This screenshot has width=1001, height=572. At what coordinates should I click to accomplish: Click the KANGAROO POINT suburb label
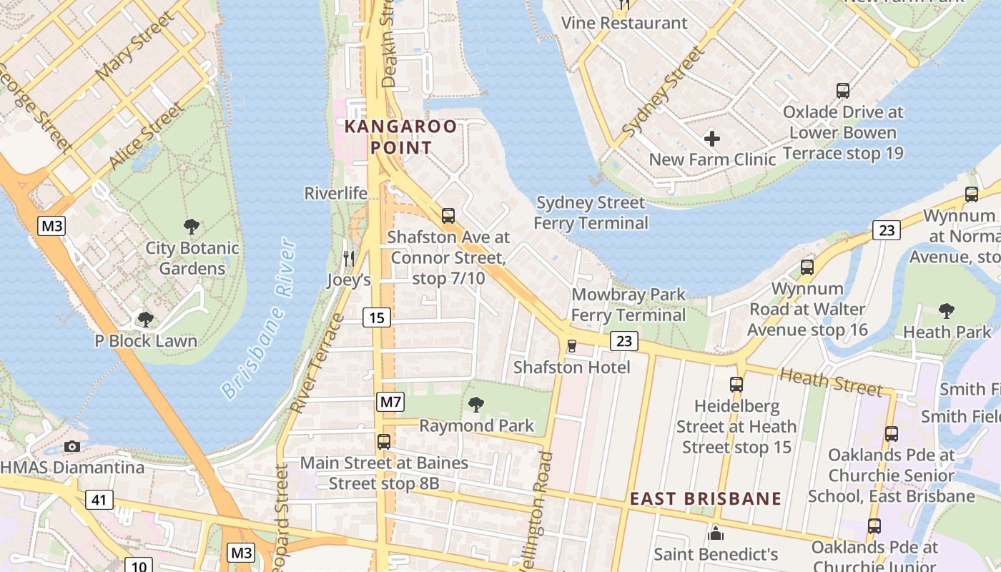[400, 137]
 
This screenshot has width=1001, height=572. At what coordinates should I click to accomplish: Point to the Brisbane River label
[258, 320]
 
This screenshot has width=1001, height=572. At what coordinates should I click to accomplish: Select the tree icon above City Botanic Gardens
[191, 227]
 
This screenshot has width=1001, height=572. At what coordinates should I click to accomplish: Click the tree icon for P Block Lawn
[146, 319]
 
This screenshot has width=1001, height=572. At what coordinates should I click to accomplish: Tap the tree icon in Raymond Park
[475, 405]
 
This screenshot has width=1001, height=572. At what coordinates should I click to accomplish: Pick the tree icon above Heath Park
[947, 310]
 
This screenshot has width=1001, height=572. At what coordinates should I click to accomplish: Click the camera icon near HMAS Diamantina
[71, 446]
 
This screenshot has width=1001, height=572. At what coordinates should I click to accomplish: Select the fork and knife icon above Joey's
[349, 257]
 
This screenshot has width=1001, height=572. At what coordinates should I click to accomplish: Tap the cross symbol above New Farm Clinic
[711, 138]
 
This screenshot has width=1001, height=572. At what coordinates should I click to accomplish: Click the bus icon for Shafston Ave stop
[448, 215]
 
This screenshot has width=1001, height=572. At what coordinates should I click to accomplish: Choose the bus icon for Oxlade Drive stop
[843, 91]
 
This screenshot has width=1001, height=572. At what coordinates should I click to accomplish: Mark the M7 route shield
[390, 402]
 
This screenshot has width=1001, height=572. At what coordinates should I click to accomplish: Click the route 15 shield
[376, 317]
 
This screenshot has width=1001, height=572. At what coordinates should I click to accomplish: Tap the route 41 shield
[99, 499]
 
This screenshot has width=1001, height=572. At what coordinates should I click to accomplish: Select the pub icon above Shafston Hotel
[571, 346]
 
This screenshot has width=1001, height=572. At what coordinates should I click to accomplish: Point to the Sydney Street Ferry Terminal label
[591, 213]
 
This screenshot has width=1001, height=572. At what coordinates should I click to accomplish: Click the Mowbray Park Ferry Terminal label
[628, 305]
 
